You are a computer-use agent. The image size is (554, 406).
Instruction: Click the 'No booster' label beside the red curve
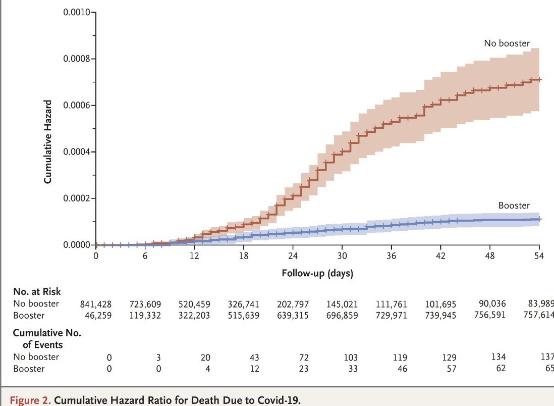click(507, 43)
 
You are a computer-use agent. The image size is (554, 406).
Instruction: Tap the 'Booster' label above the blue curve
click(514, 206)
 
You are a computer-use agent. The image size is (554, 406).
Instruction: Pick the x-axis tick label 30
click(342, 256)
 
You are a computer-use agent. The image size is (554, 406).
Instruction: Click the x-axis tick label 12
click(194, 256)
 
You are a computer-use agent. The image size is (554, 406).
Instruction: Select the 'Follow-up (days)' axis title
click(317, 274)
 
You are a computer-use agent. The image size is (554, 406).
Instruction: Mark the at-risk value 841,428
click(96, 304)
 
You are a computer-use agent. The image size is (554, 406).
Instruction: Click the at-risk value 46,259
click(98, 316)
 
